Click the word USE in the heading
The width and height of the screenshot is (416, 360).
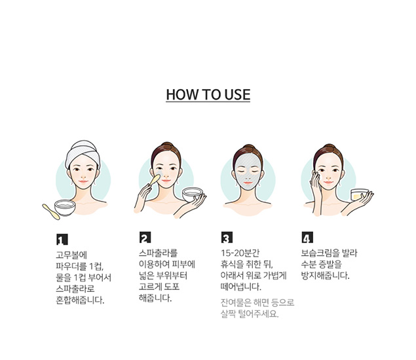coord(237,94)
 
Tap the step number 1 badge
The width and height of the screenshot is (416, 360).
coord(62,240)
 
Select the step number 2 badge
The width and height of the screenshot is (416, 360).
coord(145,237)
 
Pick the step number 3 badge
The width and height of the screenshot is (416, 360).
coord(227,237)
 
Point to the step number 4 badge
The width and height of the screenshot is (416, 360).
coord(307,237)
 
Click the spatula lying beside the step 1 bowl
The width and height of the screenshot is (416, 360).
coord(51,211)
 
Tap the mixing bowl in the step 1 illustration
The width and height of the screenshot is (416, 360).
coord(65,208)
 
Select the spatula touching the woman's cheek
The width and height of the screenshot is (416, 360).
coord(155,180)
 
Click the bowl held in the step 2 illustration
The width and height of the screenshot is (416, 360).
coord(193,194)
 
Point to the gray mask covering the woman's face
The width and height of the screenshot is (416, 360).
coord(248,172)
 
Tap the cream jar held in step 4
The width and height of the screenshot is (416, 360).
coord(360,194)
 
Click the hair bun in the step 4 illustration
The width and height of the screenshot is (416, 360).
coord(328,147)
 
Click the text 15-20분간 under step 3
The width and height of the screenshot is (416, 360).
coord(240,253)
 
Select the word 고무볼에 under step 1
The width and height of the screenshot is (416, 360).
coord(71,255)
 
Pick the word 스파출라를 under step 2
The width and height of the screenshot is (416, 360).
coord(158,253)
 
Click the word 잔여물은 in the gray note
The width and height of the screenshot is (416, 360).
coord(236,302)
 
